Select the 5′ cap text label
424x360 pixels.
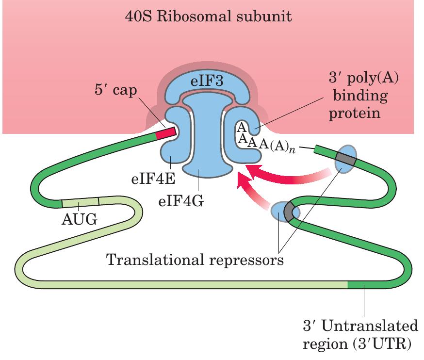[x=116, y=91]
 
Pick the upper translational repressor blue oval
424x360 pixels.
[x=346, y=158]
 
